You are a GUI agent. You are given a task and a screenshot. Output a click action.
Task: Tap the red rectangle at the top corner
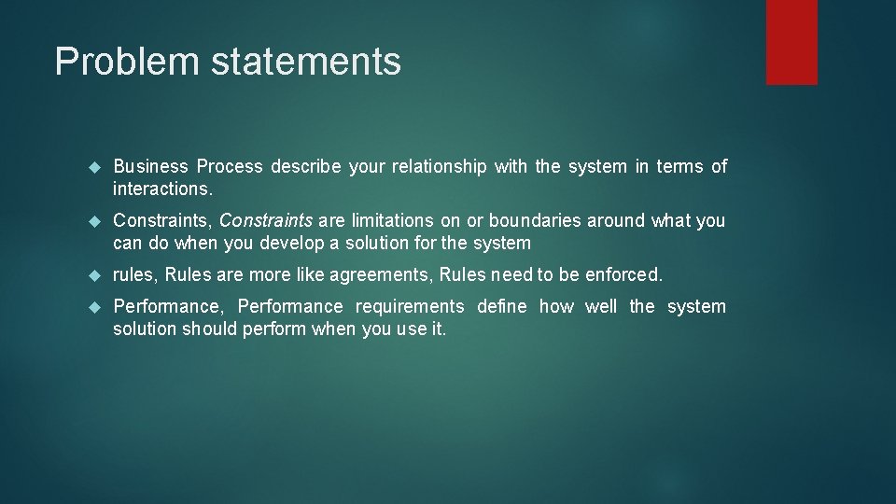click(x=791, y=42)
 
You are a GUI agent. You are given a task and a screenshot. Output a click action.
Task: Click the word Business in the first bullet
click(x=150, y=167)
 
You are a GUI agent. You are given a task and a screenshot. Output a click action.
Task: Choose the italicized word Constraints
click(x=266, y=221)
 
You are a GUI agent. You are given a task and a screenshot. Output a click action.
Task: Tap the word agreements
click(x=385, y=275)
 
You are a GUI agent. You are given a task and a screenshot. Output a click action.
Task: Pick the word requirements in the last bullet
click(x=410, y=307)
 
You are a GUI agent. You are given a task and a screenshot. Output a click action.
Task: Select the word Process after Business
click(x=230, y=167)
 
